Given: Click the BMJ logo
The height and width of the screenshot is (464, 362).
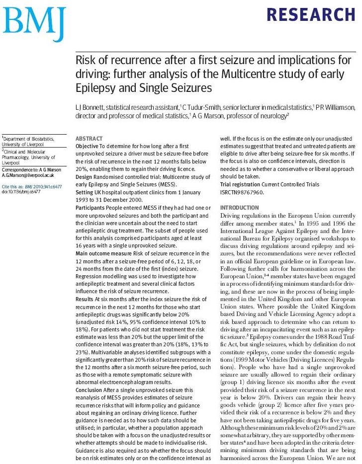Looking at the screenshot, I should (33, 21).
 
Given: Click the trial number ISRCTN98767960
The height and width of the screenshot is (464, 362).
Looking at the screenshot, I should (243, 192).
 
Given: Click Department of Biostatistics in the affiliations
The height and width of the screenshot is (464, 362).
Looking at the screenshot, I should (28, 139).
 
